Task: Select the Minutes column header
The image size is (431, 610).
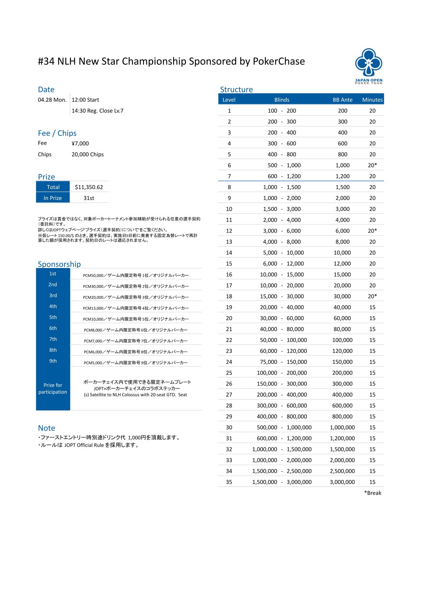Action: (372, 100)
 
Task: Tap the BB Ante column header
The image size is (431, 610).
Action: (342, 100)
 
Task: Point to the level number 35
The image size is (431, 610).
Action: (229, 482)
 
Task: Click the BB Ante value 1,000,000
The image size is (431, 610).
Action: (342, 427)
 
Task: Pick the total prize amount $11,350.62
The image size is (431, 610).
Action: (89, 187)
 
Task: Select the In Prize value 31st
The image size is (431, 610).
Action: (89, 198)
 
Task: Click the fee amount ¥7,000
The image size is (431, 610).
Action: (80, 143)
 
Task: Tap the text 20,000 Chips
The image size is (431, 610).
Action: (88, 154)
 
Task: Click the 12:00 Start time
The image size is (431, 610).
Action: (85, 100)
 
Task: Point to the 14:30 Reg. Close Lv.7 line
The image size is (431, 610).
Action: (97, 110)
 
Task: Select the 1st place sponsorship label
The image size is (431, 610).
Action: (53, 273)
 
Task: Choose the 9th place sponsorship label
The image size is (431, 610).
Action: (53, 361)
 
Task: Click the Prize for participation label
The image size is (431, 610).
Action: (53, 388)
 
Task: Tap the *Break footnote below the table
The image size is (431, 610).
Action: (373, 493)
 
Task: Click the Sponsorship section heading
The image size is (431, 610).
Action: (59, 264)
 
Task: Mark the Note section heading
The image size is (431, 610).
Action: (46, 428)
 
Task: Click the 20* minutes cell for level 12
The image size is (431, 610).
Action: (372, 231)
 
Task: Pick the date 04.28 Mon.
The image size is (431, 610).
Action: (52, 100)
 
